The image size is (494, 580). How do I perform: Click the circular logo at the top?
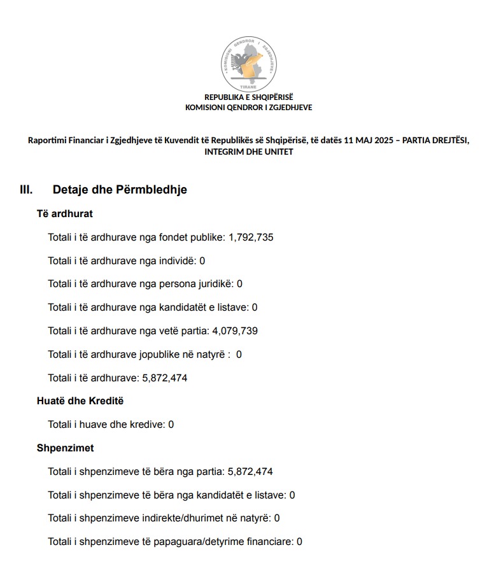point(248,64)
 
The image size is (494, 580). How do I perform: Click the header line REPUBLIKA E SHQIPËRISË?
point(248,97)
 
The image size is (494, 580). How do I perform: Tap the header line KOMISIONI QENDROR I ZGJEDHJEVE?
point(248,108)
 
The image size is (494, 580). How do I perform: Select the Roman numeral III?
point(26,190)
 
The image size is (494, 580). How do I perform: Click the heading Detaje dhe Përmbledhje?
point(120,190)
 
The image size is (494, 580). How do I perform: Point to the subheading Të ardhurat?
point(65,214)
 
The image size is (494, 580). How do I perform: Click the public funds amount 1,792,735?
point(251,237)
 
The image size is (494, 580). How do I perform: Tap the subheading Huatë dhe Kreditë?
point(80,401)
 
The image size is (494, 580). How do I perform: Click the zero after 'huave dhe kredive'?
point(171,425)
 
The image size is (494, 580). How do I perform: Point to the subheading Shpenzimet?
point(65,448)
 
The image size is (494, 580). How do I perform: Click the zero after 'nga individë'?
point(202,261)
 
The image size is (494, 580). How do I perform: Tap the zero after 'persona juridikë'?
point(240,284)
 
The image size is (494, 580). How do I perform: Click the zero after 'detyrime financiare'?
point(299,542)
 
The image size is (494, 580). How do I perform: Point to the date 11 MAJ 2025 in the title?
point(369,141)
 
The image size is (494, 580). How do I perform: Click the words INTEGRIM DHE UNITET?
point(248,152)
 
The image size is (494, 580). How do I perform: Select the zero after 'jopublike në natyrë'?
point(239,355)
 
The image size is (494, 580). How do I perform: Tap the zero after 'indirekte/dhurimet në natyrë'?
point(277,518)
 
